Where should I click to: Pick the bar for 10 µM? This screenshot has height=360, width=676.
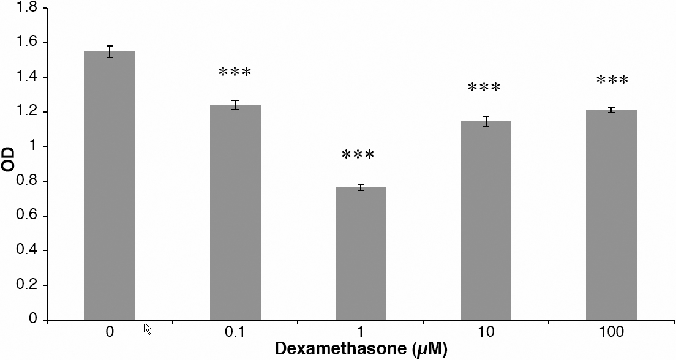coord(486,220)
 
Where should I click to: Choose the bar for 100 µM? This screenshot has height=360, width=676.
coord(611,215)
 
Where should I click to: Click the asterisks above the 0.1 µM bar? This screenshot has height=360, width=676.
coord(235,73)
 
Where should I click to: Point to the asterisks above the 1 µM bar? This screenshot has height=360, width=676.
coord(358,155)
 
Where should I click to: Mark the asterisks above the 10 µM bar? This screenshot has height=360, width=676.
coord(484,88)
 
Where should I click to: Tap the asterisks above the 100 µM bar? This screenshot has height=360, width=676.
coord(612,81)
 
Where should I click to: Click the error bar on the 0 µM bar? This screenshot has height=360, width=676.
coord(110,51)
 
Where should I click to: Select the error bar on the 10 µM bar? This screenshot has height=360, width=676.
coord(486,121)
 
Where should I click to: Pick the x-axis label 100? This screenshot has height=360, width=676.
coord(612,332)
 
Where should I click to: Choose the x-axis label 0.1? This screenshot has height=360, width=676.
coord(235,332)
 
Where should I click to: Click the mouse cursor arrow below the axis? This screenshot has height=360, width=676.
coord(147,329)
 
